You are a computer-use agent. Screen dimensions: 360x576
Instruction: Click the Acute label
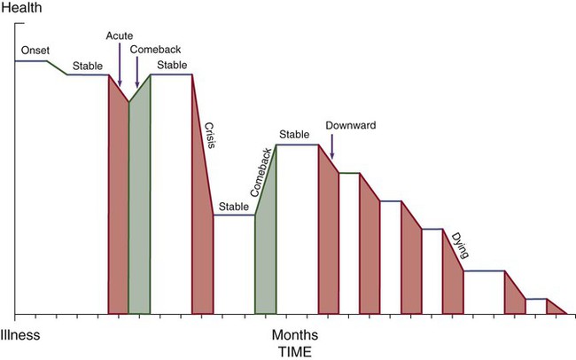click(120, 35)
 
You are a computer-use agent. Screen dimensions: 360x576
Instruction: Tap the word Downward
click(351, 126)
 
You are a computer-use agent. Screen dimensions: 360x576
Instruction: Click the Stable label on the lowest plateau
click(234, 207)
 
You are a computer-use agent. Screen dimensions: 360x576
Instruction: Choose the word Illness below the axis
click(20, 337)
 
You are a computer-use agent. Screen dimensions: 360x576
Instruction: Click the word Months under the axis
click(294, 337)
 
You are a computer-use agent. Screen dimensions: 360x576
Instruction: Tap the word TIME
click(294, 351)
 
